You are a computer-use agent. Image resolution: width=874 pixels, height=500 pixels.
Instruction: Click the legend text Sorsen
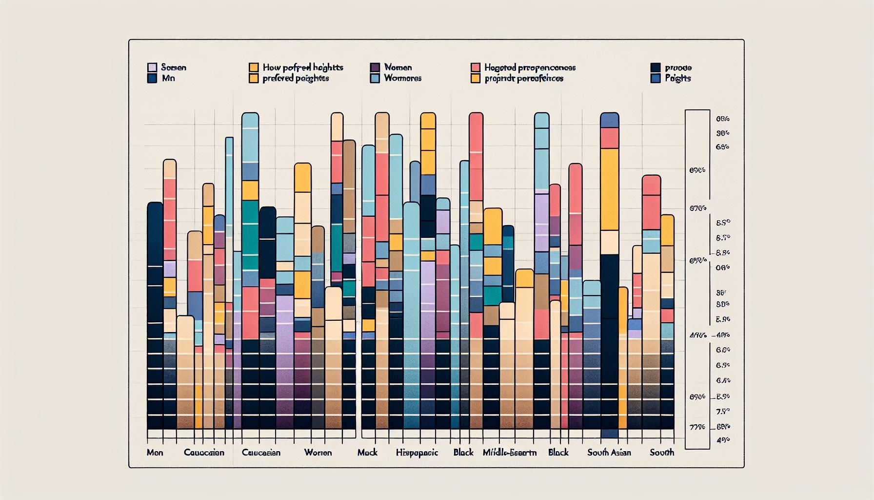click(173, 67)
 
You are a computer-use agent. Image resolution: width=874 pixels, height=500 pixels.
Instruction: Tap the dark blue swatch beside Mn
click(152, 78)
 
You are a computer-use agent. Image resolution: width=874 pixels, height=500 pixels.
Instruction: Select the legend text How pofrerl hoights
click(302, 67)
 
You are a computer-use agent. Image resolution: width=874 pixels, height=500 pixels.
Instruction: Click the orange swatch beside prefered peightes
click(253, 78)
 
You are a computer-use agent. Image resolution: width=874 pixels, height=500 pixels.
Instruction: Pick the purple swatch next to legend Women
click(375, 67)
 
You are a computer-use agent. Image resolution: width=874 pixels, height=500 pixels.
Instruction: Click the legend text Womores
click(402, 78)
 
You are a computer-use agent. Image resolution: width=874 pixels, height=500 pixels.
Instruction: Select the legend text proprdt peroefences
click(524, 78)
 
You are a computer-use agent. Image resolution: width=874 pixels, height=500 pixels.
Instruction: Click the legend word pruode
click(678, 67)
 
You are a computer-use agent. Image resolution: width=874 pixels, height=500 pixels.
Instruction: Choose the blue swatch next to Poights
click(655, 78)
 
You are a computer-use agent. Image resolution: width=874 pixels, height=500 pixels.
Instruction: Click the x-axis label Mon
click(155, 453)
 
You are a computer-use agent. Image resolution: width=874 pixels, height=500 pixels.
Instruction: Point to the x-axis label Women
click(318, 453)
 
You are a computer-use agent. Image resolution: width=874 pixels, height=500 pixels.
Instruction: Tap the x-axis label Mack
click(367, 453)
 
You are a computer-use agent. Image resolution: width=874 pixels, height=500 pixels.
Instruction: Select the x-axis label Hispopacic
click(417, 453)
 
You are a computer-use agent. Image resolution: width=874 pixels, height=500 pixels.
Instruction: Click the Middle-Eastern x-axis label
click(509, 453)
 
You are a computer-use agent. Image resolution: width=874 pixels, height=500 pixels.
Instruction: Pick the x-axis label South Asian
click(609, 453)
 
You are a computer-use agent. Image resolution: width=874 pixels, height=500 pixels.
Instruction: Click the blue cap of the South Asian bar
click(609, 120)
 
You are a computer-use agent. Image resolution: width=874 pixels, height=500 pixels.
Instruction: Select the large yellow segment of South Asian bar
click(609, 189)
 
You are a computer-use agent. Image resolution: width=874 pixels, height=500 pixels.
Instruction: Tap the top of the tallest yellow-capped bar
click(428, 121)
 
